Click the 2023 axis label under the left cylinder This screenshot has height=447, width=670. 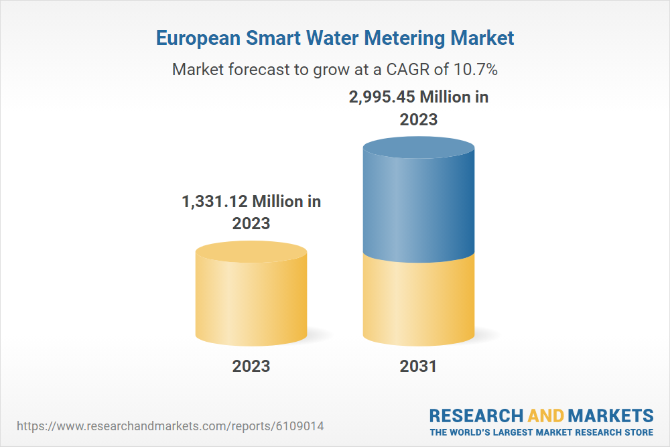(251, 366)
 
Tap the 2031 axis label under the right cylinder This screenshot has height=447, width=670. (418, 366)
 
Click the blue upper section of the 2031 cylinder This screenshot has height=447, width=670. (418, 208)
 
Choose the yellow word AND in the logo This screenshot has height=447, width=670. (546, 415)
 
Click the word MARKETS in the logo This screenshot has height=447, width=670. (611, 415)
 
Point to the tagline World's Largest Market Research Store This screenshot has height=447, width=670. (541, 432)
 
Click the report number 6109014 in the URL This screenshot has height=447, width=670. (306, 426)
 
